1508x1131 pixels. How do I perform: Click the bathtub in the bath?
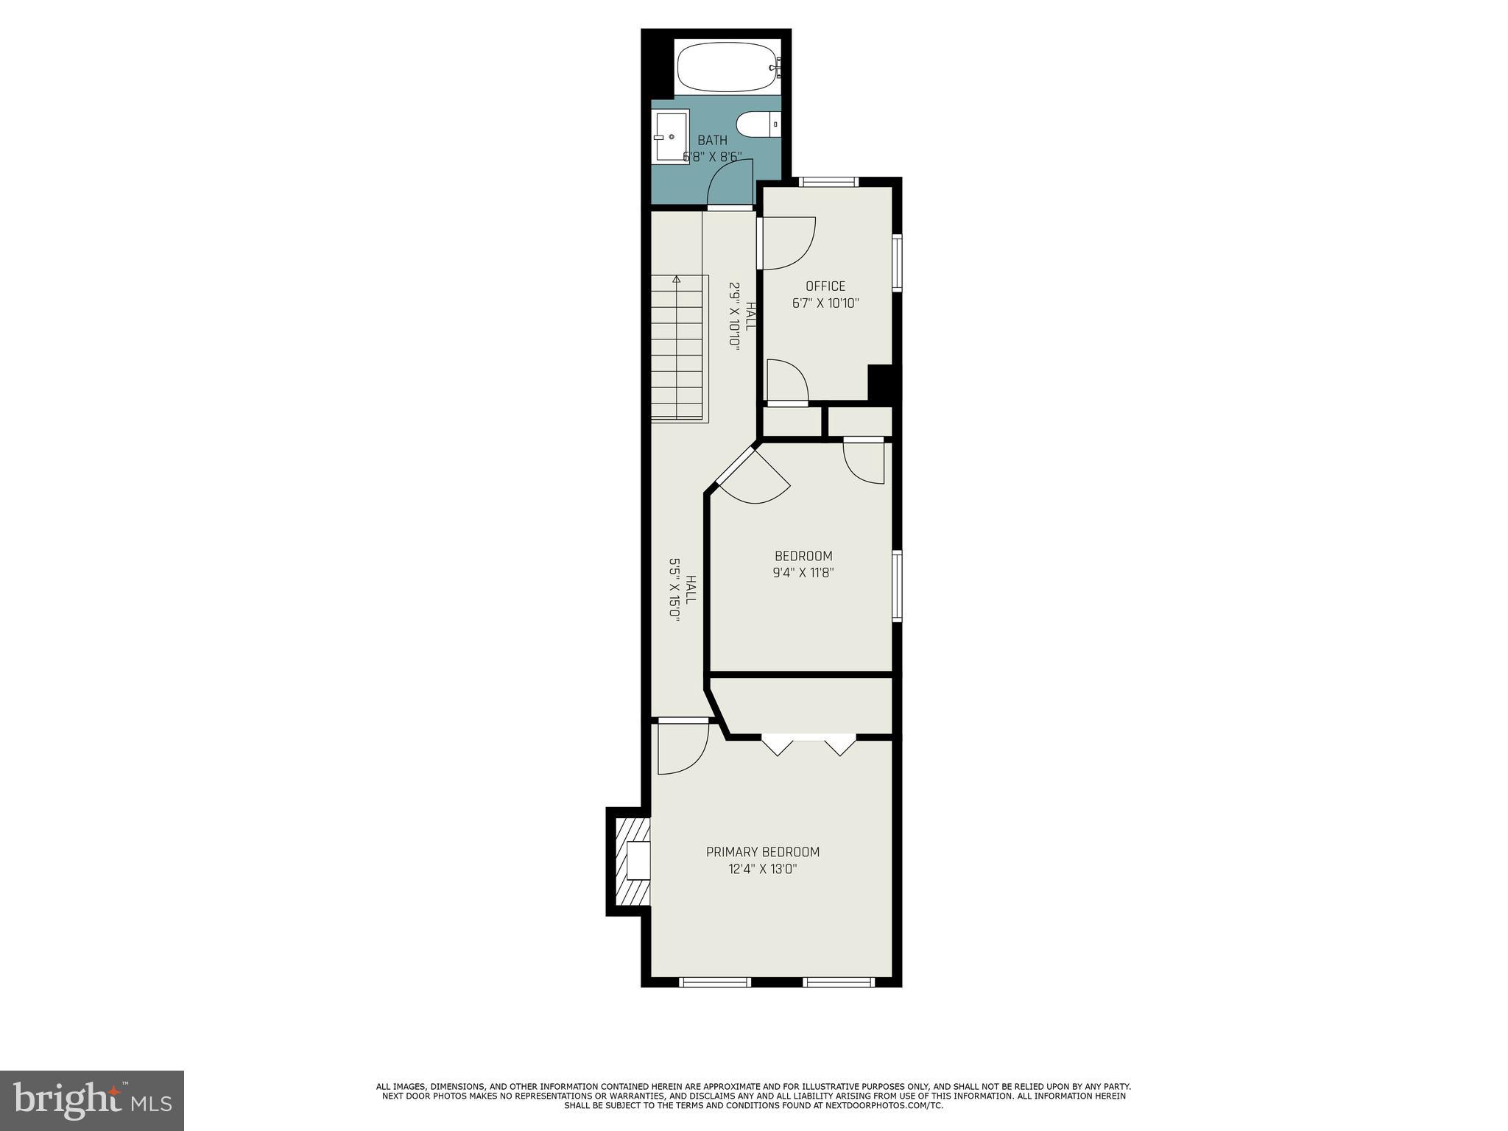pyautogui.click(x=726, y=67)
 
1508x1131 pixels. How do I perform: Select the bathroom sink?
pyautogui.click(x=669, y=137)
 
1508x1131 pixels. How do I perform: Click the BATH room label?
pyautogui.click(x=712, y=141)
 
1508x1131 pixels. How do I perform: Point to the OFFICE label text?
pyautogui.click(x=825, y=286)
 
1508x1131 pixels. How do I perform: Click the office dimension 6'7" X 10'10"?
pyautogui.click(x=825, y=303)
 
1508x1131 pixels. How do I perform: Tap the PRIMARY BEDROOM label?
pyautogui.click(x=762, y=852)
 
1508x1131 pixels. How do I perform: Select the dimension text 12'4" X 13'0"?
pyautogui.click(x=762, y=869)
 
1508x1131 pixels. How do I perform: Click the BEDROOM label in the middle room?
pyautogui.click(x=803, y=556)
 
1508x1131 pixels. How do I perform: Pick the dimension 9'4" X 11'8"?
pyautogui.click(x=803, y=573)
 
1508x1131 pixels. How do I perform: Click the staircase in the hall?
pyautogui.click(x=678, y=348)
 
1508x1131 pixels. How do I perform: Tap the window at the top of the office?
pyautogui.click(x=829, y=182)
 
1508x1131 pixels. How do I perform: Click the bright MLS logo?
pyautogui.click(x=92, y=1100)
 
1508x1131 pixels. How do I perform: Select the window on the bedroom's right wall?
pyautogui.click(x=897, y=586)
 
